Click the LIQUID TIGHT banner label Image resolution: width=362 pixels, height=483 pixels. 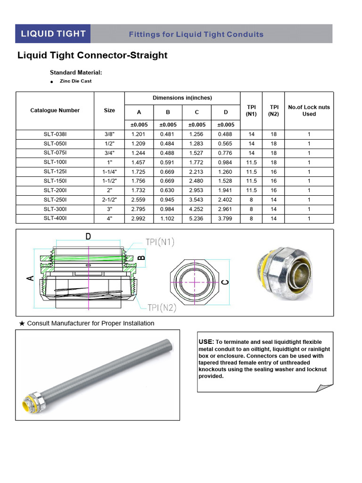[x=52, y=33]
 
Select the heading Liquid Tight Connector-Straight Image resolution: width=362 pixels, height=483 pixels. [x=92, y=55]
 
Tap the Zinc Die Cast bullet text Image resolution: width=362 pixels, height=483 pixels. [x=75, y=81]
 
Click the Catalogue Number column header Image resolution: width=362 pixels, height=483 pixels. [x=55, y=110]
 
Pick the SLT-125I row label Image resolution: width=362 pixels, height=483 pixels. [x=55, y=172]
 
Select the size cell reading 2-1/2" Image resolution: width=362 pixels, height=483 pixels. [x=109, y=200]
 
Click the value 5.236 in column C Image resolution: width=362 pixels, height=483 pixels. [x=197, y=218]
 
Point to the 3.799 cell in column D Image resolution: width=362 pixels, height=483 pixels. [x=225, y=218]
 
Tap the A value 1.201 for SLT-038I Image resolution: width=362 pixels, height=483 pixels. [x=139, y=134]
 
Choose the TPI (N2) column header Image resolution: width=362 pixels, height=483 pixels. [x=274, y=110]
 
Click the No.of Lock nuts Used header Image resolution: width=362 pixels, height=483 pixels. [x=309, y=110]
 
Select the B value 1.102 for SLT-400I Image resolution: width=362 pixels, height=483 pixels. [x=167, y=218]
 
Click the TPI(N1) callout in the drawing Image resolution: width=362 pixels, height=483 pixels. [x=160, y=242]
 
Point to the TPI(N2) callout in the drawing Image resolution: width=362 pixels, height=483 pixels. [x=161, y=308]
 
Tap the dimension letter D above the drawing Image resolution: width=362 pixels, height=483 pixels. [x=88, y=237]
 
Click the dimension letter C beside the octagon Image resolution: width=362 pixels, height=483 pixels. [x=225, y=282]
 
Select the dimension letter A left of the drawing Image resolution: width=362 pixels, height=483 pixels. [x=30, y=279]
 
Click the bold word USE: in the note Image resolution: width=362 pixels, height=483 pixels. [x=206, y=341]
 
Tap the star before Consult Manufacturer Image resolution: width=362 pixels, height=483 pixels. [x=22, y=324]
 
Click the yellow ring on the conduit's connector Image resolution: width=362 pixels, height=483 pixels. [x=24, y=404]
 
